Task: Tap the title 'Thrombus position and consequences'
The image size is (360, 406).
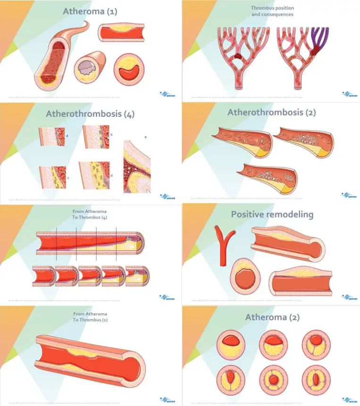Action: [x=272, y=11]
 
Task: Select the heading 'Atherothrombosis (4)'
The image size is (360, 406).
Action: [x=90, y=114]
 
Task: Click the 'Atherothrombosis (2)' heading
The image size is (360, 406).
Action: [x=271, y=113]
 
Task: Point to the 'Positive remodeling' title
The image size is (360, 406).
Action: [x=272, y=214]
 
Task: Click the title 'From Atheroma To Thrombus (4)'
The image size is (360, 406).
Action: [x=90, y=214]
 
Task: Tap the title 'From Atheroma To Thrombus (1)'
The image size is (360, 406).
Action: [x=90, y=316]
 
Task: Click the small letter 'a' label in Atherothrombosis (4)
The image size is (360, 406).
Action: [x=67, y=135]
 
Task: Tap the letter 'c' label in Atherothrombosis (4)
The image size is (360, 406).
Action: [x=68, y=178]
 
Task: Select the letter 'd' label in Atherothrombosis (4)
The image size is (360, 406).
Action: [x=111, y=176]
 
